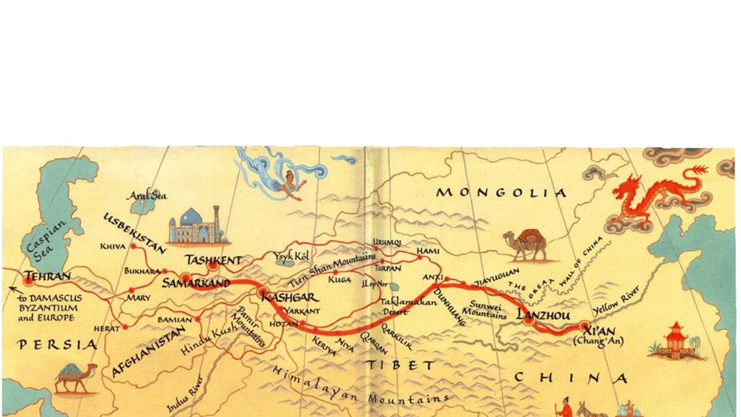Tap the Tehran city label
pos(47,276)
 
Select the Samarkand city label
pos(196,284)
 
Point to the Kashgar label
pos(289,298)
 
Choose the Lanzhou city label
pos(543,316)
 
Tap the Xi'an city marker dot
pos(585,325)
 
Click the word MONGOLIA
pos(501,193)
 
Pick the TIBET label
pos(399,365)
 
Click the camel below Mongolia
pos(526,245)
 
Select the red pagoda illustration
pos(674,342)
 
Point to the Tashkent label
pos(212,261)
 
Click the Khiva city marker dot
pos(134,246)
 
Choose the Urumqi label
pos(387,242)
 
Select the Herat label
pos(107,328)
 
